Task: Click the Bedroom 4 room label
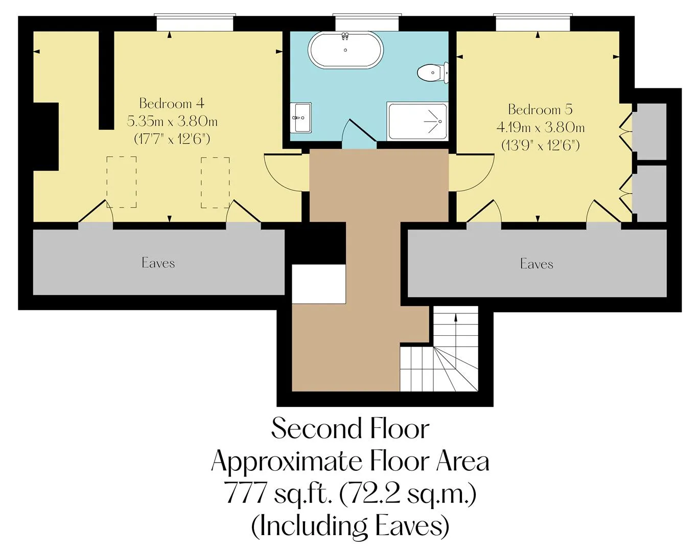pyautogui.click(x=172, y=103)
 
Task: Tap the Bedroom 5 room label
pyautogui.click(x=540, y=109)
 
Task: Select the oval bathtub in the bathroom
pyautogui.click(x=345, y=50)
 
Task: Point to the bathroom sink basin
pyautogui.click(x=301, y=118)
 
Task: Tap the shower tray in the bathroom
pyautogui.click(x=417, y=122)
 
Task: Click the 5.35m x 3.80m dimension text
pyautogui.click(x=172, y=122)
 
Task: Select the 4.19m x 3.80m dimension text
pyautogui.click(x=540, y=127)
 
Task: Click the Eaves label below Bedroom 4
pyautogui.click(x=158, y=263)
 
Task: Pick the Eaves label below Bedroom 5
pyautogui.click(x=537, y=264)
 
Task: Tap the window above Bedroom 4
pyautogui.click(x=195, y=22)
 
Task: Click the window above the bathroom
pyautogui.click(x=367, y=22)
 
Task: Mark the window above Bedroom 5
pyautogui.click(x=533, y=22)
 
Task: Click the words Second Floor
pyautogui.click(x=350, y=428)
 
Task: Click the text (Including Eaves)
pyautogui.click(x=350, y=526)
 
